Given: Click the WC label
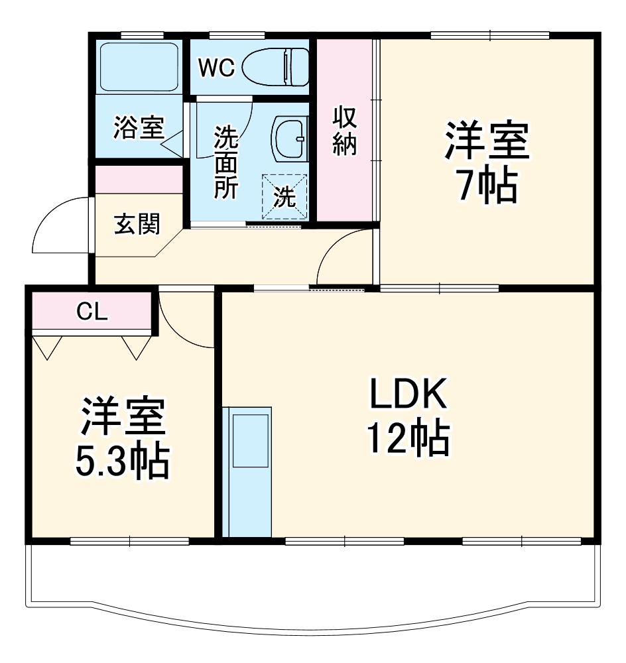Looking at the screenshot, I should pos(217,68).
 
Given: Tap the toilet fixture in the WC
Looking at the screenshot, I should pos(276,66).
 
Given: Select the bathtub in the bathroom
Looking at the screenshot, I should pos(139,67).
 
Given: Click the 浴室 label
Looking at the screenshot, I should pos(138,127).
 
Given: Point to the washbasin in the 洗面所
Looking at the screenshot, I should pos(290,139).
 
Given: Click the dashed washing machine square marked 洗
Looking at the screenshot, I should pos(285,197).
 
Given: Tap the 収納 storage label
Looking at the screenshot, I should pos(345,131).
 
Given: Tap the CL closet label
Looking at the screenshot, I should pos(92,312).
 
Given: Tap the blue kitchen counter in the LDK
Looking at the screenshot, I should pos(247,471).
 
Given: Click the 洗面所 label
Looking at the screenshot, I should pos(225,162).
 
